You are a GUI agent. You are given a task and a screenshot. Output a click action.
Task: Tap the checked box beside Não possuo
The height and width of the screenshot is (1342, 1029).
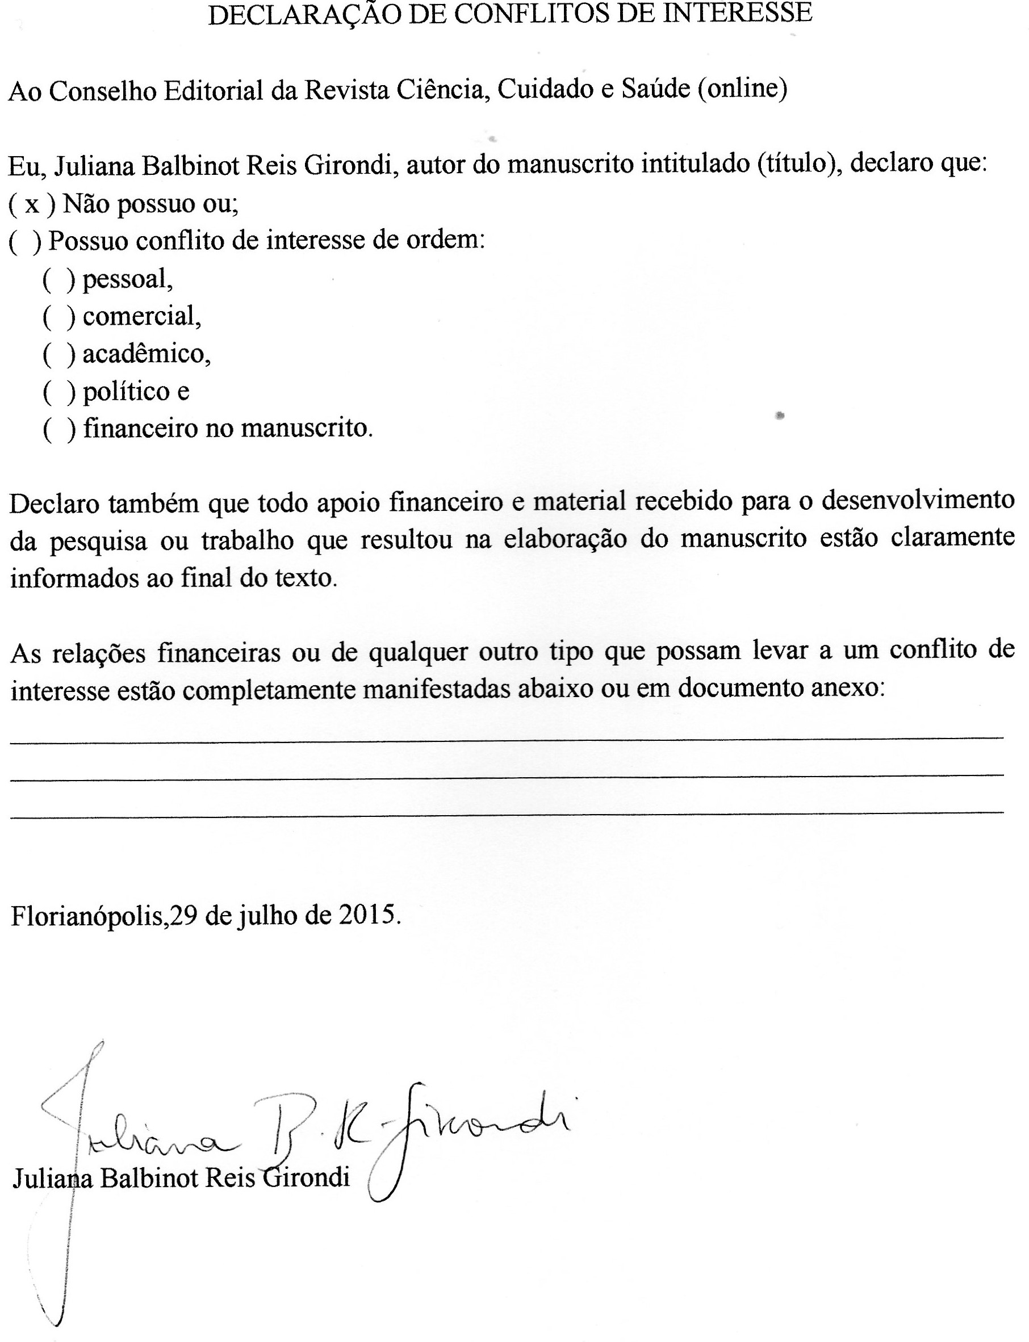coord(32,204)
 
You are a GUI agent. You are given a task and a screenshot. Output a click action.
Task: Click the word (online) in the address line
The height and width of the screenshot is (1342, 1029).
coord(742,89)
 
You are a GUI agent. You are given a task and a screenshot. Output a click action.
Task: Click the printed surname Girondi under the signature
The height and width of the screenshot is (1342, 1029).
coord(306,1177)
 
